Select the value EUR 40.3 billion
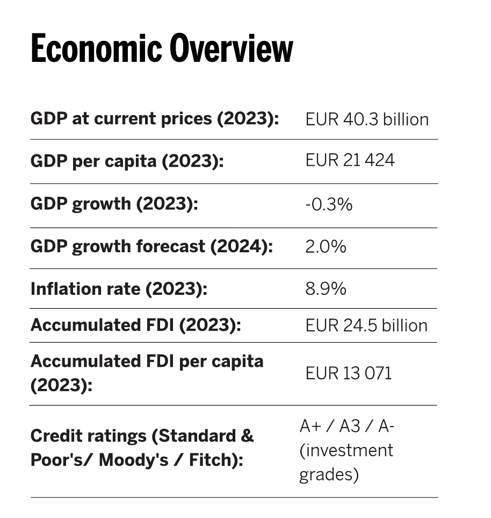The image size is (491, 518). [x=367, y=119]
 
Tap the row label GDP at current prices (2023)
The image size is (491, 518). [x=155, y=118]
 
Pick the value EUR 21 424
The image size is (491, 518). [x=350, y=160]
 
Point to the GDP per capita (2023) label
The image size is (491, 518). [x=127, y=161]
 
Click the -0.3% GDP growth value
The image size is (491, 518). [x=329, y=204]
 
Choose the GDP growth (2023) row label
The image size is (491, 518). [x=114, y=204]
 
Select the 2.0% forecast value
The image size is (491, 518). [x=326, y=246]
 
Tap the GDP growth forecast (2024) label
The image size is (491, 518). [x=152, y=246]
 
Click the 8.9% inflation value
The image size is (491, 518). [x=326, y=288]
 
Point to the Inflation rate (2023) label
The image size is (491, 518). [x=119, y=289]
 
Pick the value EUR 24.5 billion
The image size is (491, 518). [x=366, y=325]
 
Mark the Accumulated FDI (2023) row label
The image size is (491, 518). [x=136, y=325]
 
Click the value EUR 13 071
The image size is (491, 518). [x=349, y=372]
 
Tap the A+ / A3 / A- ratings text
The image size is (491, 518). [x=348, y=426]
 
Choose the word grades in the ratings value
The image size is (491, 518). [x=329, y=475]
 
